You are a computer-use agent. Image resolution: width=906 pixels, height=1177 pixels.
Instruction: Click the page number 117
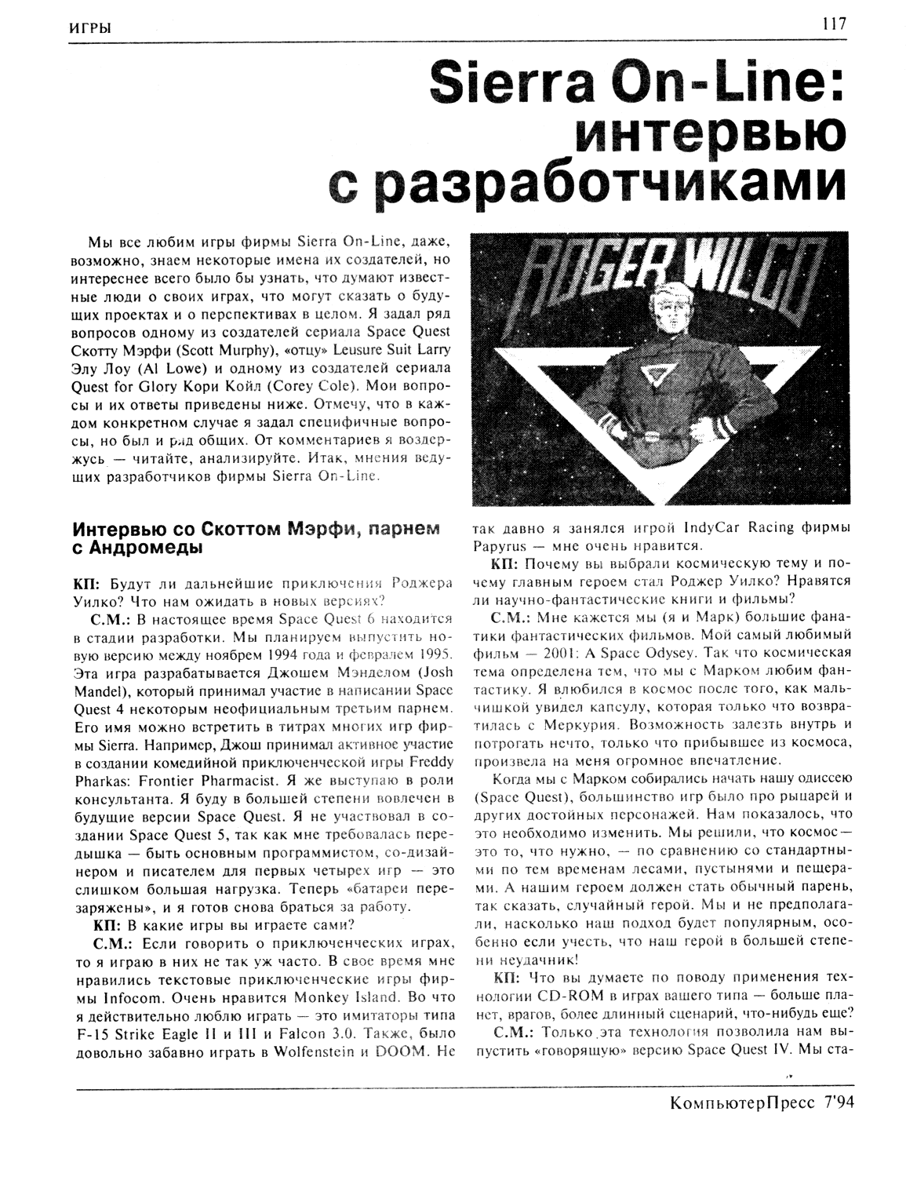[x=835, y=24]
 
